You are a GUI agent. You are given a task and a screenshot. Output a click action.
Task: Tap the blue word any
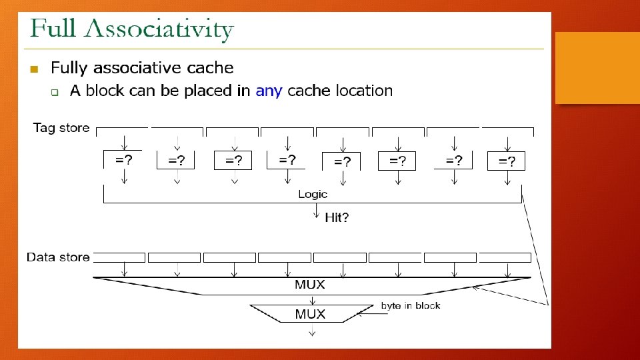tap(269, 91)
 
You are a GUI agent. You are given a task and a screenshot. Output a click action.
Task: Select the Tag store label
tap(61, 128)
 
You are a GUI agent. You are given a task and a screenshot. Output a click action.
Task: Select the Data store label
tap(58, 257)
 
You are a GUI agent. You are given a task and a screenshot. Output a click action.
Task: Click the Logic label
tap(313, 194)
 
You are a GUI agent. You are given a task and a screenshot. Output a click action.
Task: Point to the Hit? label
tap(337, 218)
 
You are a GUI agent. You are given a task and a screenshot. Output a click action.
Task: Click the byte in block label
tap(411, 305)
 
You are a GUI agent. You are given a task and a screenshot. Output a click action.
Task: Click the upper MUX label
tap(310, 285)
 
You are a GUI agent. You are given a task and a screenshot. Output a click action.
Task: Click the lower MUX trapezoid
tap(310, 314)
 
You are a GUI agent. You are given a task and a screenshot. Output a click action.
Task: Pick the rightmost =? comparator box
tap(507, 161)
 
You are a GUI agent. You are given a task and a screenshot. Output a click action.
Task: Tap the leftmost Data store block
tap(119, 257)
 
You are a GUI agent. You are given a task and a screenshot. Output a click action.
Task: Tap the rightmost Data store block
tap(505, 257)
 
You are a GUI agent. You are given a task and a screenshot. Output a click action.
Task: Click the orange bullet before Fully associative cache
tap(35, 69)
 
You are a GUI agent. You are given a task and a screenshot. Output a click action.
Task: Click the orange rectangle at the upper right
tap(597, 67)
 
